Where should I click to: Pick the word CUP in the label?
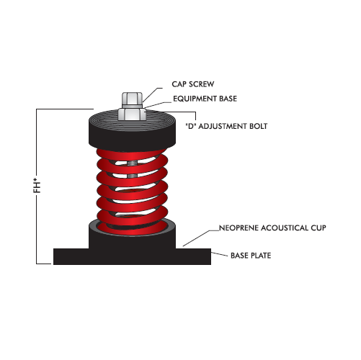click(x=320, y=228)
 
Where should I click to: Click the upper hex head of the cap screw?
click(x=130, y=99)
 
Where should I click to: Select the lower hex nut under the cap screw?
click(x=130, y=113)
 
